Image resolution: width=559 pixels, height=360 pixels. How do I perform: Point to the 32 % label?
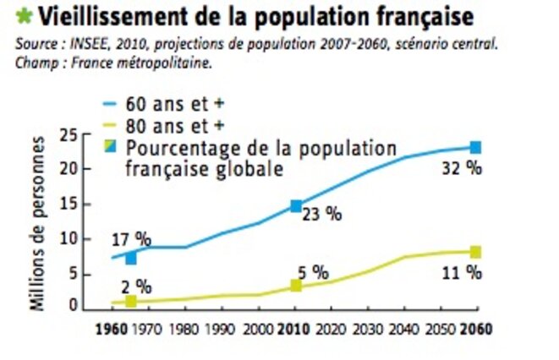pyautogui.click(x=463, y=169)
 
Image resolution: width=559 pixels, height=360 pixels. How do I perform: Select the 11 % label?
pyautogui.click(x=463, y=272)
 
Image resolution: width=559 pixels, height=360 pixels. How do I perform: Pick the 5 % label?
pyautogui.click(x=312, y=272)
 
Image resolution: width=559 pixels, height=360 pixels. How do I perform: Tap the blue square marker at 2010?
pyautogui.click(x=296, y=205)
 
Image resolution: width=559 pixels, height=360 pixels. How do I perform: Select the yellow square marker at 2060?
pyautogui.click(x=475, y=252)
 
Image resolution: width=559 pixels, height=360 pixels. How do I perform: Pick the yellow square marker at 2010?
pyautogui.click(x=296, y=286)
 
